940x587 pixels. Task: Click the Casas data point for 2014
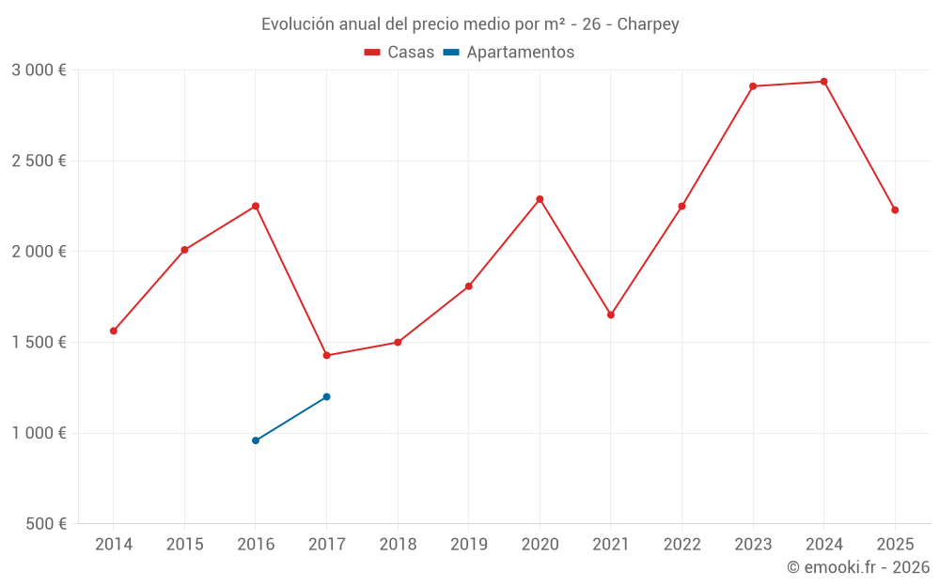tap(114, 331)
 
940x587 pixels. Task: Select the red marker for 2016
tap(256, 206)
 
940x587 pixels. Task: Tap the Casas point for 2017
tap(326, 355)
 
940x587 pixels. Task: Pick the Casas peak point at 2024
tap(823, 82)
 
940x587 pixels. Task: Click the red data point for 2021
tap(611, 315)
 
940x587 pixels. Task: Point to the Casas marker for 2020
tap(540, 199)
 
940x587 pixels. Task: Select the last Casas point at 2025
tap(895, 210)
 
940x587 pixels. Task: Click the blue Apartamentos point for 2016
tap(256, 440)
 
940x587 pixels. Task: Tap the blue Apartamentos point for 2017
tap(326, 396)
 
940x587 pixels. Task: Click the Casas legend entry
tap(399, 53)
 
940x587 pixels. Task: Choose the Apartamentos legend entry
tap(509, 53)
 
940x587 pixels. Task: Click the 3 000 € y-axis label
tap(39, 70)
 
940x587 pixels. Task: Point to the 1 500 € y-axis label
tap(39, 343)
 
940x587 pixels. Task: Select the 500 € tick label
tap(45, 524)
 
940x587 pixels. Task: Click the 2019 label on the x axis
tap(468, 545)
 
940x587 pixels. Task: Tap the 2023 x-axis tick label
tap(753, 545)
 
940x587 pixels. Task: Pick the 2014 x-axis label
tap(114, 545)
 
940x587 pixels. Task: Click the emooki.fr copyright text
tap(858, 567)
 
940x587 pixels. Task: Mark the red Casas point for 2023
tap(753, 86)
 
